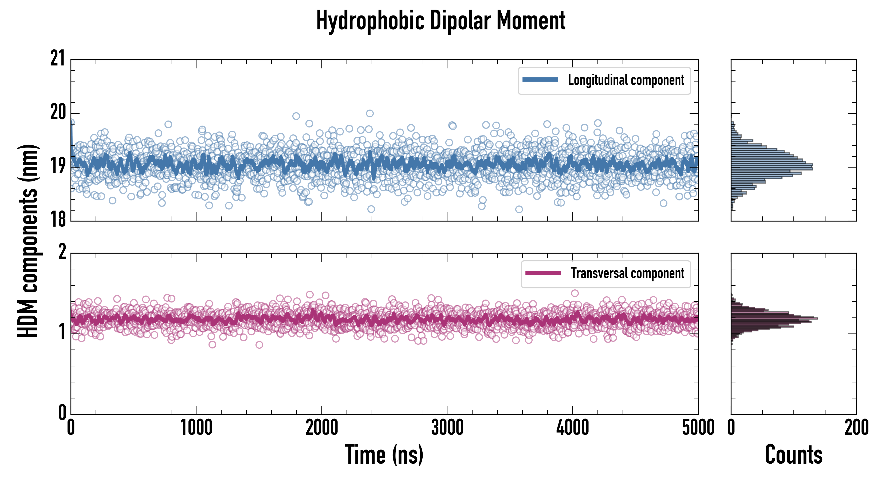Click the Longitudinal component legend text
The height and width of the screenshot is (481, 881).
coord(626,80)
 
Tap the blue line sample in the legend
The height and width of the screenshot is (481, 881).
coord(540,80)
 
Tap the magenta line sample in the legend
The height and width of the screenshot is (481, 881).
coord(543,273)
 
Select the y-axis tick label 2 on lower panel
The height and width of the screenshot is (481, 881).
coord(62,252)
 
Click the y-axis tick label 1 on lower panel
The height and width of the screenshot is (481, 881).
coord(62,332)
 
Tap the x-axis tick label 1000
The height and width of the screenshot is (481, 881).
coord(196,428)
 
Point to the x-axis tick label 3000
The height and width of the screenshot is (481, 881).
coord(447,428)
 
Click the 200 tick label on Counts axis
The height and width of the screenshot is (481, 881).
coord(856,428)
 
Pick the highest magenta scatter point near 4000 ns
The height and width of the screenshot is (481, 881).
coord(575,293)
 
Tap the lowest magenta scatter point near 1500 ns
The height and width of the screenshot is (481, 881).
coord(259,345)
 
